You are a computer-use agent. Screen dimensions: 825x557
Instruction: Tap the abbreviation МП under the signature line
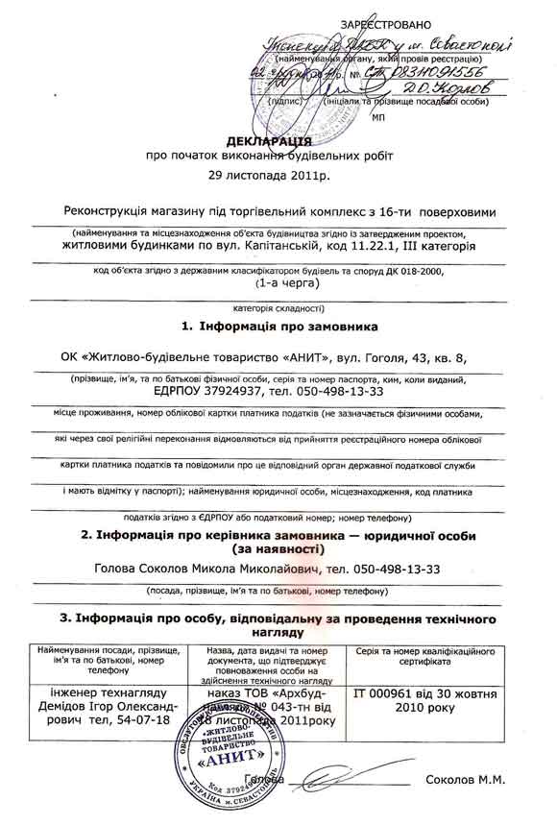(376, 114)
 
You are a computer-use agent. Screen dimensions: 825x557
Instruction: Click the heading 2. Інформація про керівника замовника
(278, 534)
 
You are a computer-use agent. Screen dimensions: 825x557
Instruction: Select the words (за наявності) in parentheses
(278, 548)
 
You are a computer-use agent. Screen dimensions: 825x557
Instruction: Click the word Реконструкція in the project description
(110, 210)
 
